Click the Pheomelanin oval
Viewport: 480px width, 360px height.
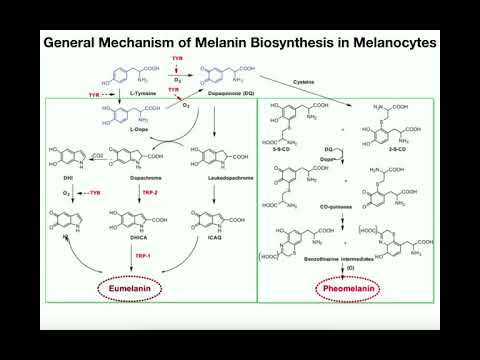pyautogui.click(x=349, y=290)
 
